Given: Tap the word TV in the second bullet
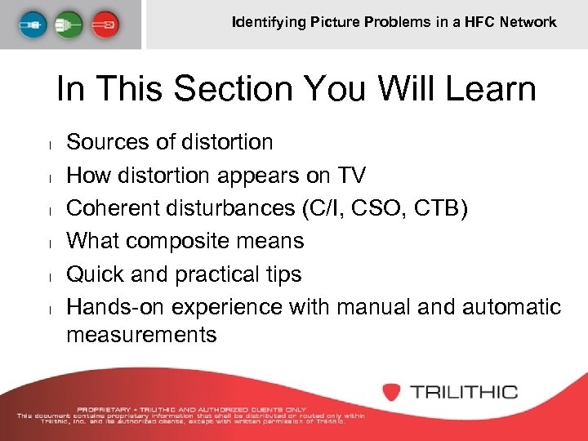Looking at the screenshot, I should pyautogui.click(x=352, y=175).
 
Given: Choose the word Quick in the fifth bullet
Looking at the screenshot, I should pyautogui.click(x=96, y=274).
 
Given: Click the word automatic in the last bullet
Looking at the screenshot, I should pyautogui.click(x=511, y=307).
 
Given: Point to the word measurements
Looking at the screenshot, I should pyautogui.click(x=141, y=334).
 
